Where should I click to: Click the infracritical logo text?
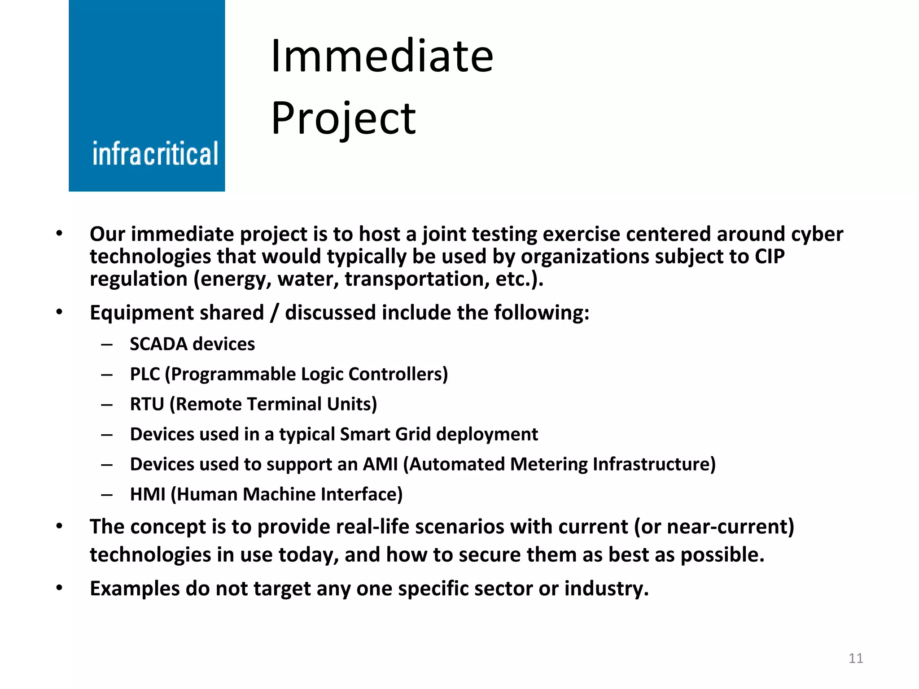point(155,154)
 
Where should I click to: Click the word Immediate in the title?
point(382,56)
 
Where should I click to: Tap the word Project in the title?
point(343,118)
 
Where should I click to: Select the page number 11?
point(856,658)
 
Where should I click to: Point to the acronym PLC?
point(144,374)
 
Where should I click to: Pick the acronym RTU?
point(147,404)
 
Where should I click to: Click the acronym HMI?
point(148,494)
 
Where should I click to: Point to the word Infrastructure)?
point(654,464)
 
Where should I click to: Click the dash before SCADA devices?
point(107,344)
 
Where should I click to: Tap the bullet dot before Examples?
point(59,588)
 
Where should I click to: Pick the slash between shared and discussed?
point(275,313)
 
